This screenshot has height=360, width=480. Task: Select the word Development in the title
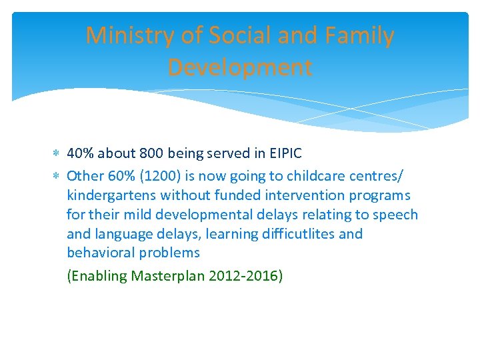point(239,67)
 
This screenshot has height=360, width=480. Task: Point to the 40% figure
point(81,153)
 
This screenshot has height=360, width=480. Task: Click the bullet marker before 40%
point(57,154)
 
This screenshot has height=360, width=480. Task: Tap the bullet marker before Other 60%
point(57,177)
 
